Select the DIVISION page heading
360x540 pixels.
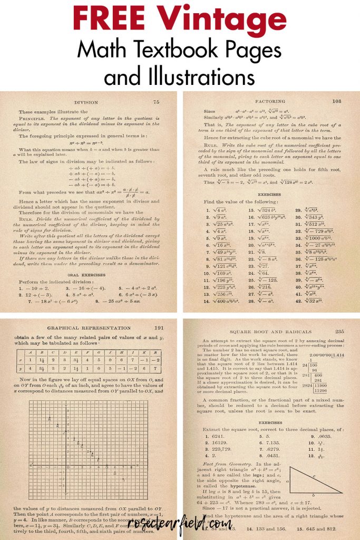86,102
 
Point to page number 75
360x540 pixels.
156,102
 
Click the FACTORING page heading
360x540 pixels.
270,101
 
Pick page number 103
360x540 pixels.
337,101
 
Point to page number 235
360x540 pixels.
339,331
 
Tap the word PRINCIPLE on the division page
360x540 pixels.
32,120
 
